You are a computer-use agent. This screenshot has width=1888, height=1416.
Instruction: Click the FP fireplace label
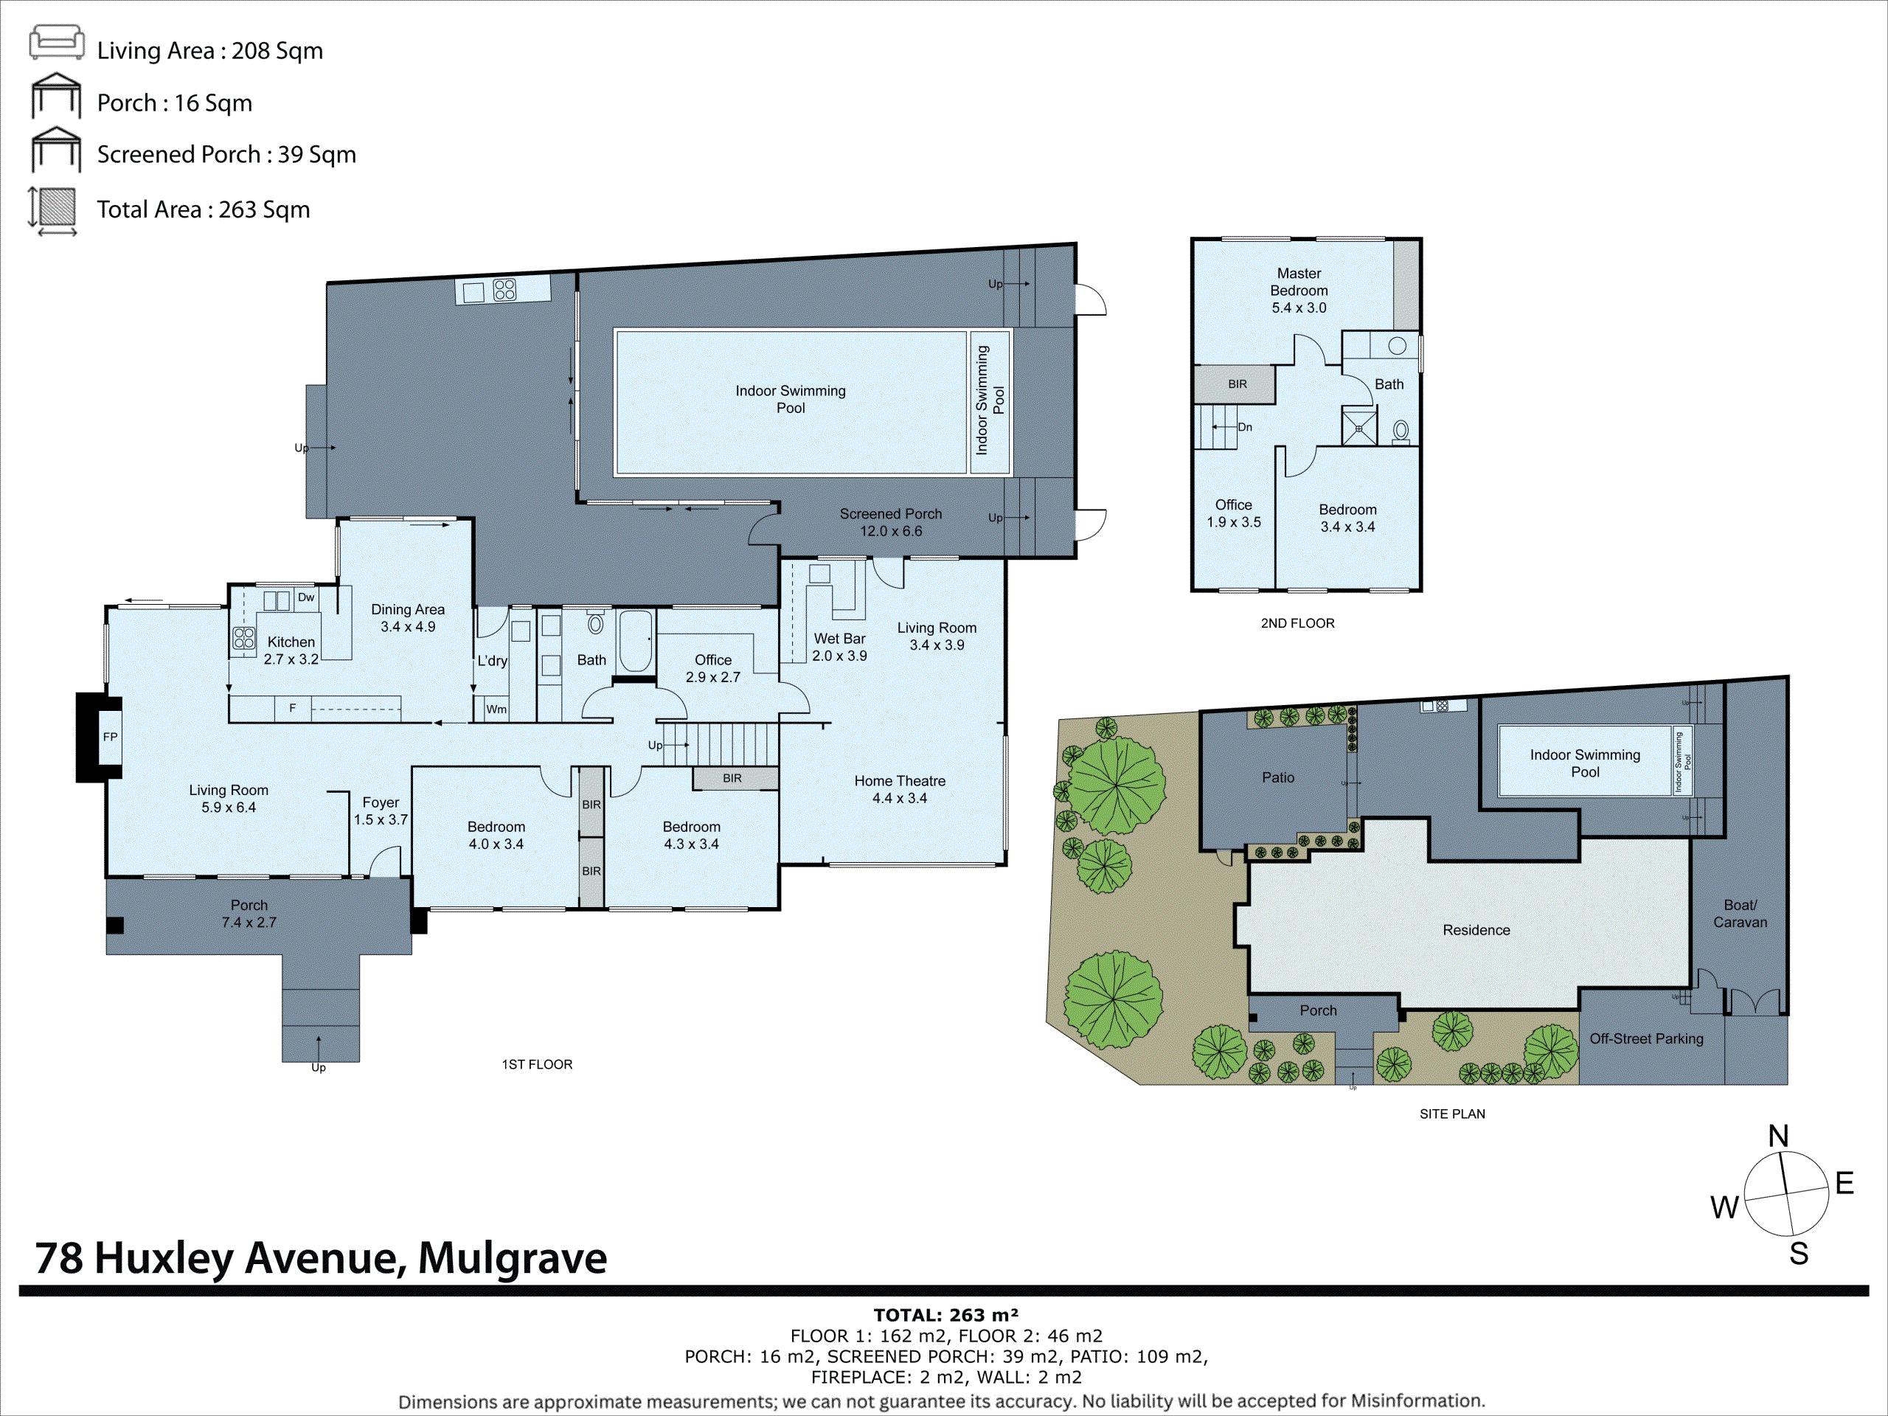click(110, 737)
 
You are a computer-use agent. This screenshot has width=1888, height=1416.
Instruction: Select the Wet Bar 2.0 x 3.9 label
click(839, 647)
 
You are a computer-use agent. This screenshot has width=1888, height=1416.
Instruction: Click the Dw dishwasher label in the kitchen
click(305, 597)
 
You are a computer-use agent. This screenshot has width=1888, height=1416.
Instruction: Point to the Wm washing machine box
click(496, 709)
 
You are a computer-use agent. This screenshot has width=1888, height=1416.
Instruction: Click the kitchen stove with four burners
click(244, 638)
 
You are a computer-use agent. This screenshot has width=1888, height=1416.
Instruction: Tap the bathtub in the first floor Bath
click(635, 640)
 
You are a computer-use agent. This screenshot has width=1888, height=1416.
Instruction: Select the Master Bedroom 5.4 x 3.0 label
click(1298, 290)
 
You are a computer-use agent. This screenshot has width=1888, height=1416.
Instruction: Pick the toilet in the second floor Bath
click(1401, 430)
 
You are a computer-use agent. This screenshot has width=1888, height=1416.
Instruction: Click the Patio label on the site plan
click(1278, 777)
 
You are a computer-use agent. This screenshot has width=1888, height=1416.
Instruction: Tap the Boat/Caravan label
click(1740, 913)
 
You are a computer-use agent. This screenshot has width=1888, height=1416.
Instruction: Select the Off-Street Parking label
click(1645, 1038)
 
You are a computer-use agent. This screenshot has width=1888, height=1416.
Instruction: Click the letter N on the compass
click(1778, 1136)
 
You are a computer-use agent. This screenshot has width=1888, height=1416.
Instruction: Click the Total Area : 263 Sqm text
click(203, 209)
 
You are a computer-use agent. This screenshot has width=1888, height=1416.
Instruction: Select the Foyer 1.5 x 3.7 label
click(381, 811)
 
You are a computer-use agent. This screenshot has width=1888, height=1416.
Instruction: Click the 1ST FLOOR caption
click(537, 1064)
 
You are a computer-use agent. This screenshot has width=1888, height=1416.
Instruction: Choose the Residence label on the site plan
click(1476, 930)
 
